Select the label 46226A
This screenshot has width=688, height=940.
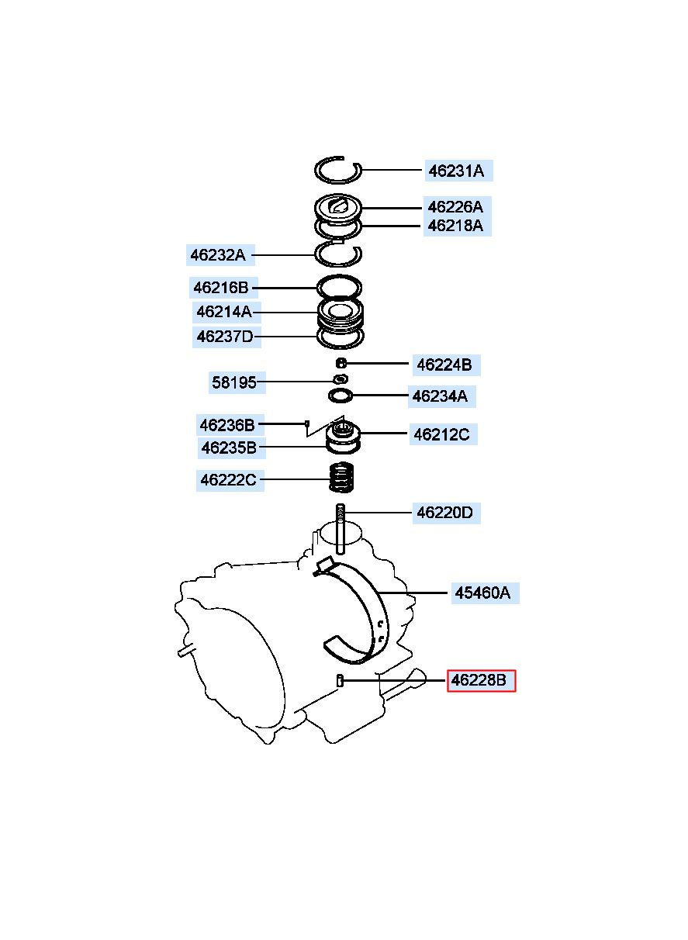[457, 207]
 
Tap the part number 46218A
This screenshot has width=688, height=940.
[457, 226]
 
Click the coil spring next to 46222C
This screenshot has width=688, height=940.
[341, 478]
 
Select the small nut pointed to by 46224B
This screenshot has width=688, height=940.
[341, 362]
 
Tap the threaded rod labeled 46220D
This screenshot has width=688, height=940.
[341, 529]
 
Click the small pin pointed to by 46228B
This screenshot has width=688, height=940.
[340, 680]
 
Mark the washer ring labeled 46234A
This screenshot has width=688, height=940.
[341, 396]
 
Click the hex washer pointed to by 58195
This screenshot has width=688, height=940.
[341, 379]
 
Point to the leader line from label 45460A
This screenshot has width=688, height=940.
[413, 593]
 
